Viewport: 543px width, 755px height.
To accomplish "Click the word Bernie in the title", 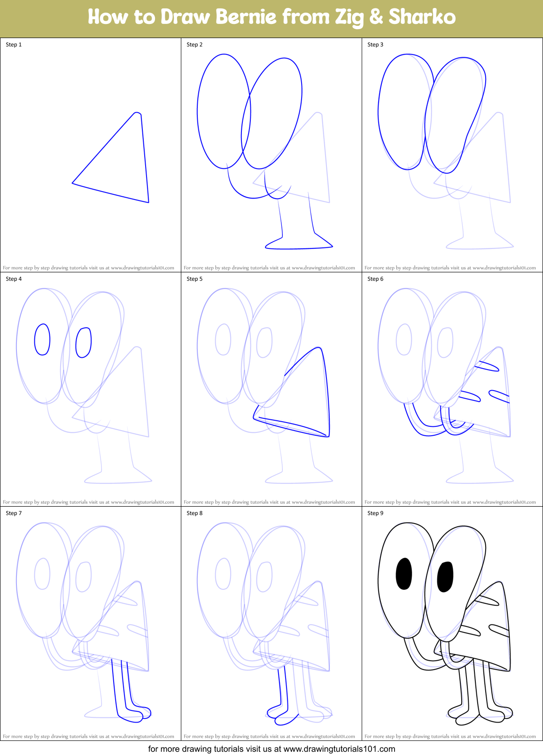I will (x=246, y=17).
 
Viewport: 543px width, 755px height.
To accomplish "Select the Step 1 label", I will (x=14, y=45).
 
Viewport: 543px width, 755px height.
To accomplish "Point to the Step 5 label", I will (x=194, y=279).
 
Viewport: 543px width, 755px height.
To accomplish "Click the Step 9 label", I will (x=375, y=513).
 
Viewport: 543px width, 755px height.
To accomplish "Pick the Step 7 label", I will (x=14, y=513).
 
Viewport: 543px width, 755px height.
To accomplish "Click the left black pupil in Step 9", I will (x=404, y=573).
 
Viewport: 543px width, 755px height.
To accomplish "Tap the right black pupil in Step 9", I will (x=445, y=577).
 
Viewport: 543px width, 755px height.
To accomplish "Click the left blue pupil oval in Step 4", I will (x=42, y=339).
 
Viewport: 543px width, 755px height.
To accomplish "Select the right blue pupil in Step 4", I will (x=84, y=343).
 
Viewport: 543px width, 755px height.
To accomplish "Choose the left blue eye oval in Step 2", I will (x=224, y=111).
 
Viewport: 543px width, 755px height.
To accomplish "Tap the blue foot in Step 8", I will (x=282, y=714).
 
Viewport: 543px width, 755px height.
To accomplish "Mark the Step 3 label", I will (x=375, y=45).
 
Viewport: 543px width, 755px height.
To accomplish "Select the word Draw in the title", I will (x=185, y=17).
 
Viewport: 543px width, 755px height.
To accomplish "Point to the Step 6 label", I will (x=375, y=279).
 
